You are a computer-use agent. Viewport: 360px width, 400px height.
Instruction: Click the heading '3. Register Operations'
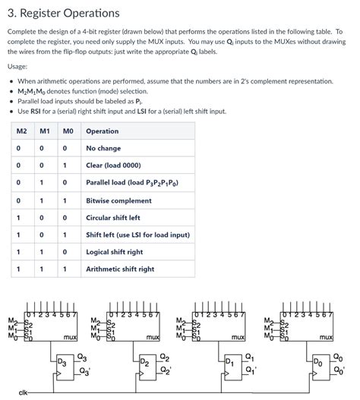pos(63,13)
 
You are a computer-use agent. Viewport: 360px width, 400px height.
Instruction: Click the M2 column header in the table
pos(21,131)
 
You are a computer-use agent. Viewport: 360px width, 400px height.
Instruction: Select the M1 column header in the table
pos(45,131)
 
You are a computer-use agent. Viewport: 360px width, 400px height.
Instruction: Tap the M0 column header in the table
pos(68,131)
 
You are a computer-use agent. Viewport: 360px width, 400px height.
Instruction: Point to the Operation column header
pos(103,131)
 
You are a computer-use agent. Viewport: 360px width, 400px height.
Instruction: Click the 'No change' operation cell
pos(103,149)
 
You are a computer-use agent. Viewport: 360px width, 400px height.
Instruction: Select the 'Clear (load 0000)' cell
pos(116,165)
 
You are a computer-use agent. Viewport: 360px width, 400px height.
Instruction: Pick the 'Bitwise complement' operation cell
pos(119,200)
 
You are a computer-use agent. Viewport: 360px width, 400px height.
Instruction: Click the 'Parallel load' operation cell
pos(136,183)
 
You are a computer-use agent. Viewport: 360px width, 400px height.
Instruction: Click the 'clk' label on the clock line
pos(24,392)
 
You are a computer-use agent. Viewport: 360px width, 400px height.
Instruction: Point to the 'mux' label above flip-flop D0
pos(327,336)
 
